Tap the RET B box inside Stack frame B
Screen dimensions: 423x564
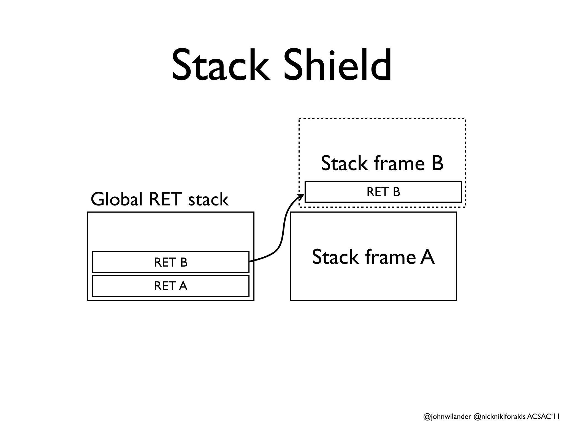point(383,192)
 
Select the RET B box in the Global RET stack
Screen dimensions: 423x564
point(170,262)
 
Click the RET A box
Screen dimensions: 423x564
point(170,286)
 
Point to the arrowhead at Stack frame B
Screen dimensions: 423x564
point(302,196)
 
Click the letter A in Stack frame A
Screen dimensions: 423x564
point(427,257)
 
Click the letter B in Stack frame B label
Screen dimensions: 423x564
point(437,163)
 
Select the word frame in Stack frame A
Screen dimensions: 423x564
point(391,257)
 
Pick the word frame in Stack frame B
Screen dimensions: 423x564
point(399,163)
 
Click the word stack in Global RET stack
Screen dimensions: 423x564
point(208,199)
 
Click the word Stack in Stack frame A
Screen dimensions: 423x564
point(335,257)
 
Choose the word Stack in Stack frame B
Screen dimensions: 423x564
point(343,163)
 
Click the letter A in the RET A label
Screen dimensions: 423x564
point(183,286)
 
